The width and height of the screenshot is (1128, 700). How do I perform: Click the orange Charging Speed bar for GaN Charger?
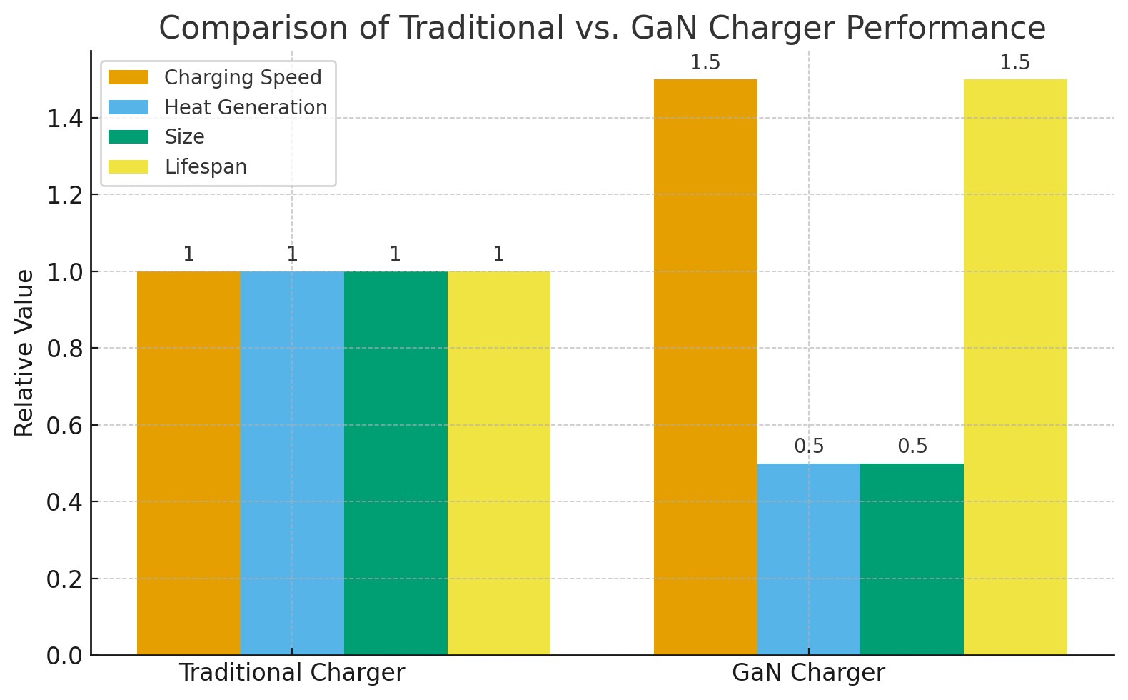point(705,367)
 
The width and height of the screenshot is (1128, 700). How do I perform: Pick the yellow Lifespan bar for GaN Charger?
point(1015,367)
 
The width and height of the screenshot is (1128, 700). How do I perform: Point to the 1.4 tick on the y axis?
point(64,118)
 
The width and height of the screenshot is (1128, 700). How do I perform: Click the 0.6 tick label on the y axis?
point(64,425)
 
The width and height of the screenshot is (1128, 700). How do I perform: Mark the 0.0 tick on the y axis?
point(64,656)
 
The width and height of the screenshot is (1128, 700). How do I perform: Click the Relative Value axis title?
point(24,352)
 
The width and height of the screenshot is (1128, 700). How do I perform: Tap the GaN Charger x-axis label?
point(808,673)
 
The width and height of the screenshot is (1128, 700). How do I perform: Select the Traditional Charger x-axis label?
point(292,673)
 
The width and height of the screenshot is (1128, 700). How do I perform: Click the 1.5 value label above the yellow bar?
point(1014,63)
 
